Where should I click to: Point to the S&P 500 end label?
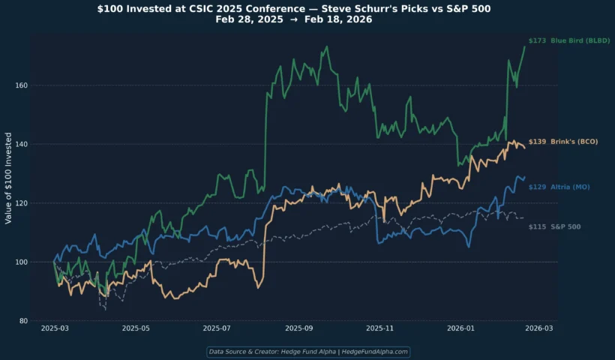tap(554, 226)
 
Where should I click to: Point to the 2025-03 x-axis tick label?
tap(55, 328)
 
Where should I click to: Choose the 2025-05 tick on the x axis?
tap(136, 328)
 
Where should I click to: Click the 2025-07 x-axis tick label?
tap(217, 328)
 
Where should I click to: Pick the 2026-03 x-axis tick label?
tap(539, 328)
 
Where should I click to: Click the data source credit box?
tap(307, 351)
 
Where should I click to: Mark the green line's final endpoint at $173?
tap(524, 46)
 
